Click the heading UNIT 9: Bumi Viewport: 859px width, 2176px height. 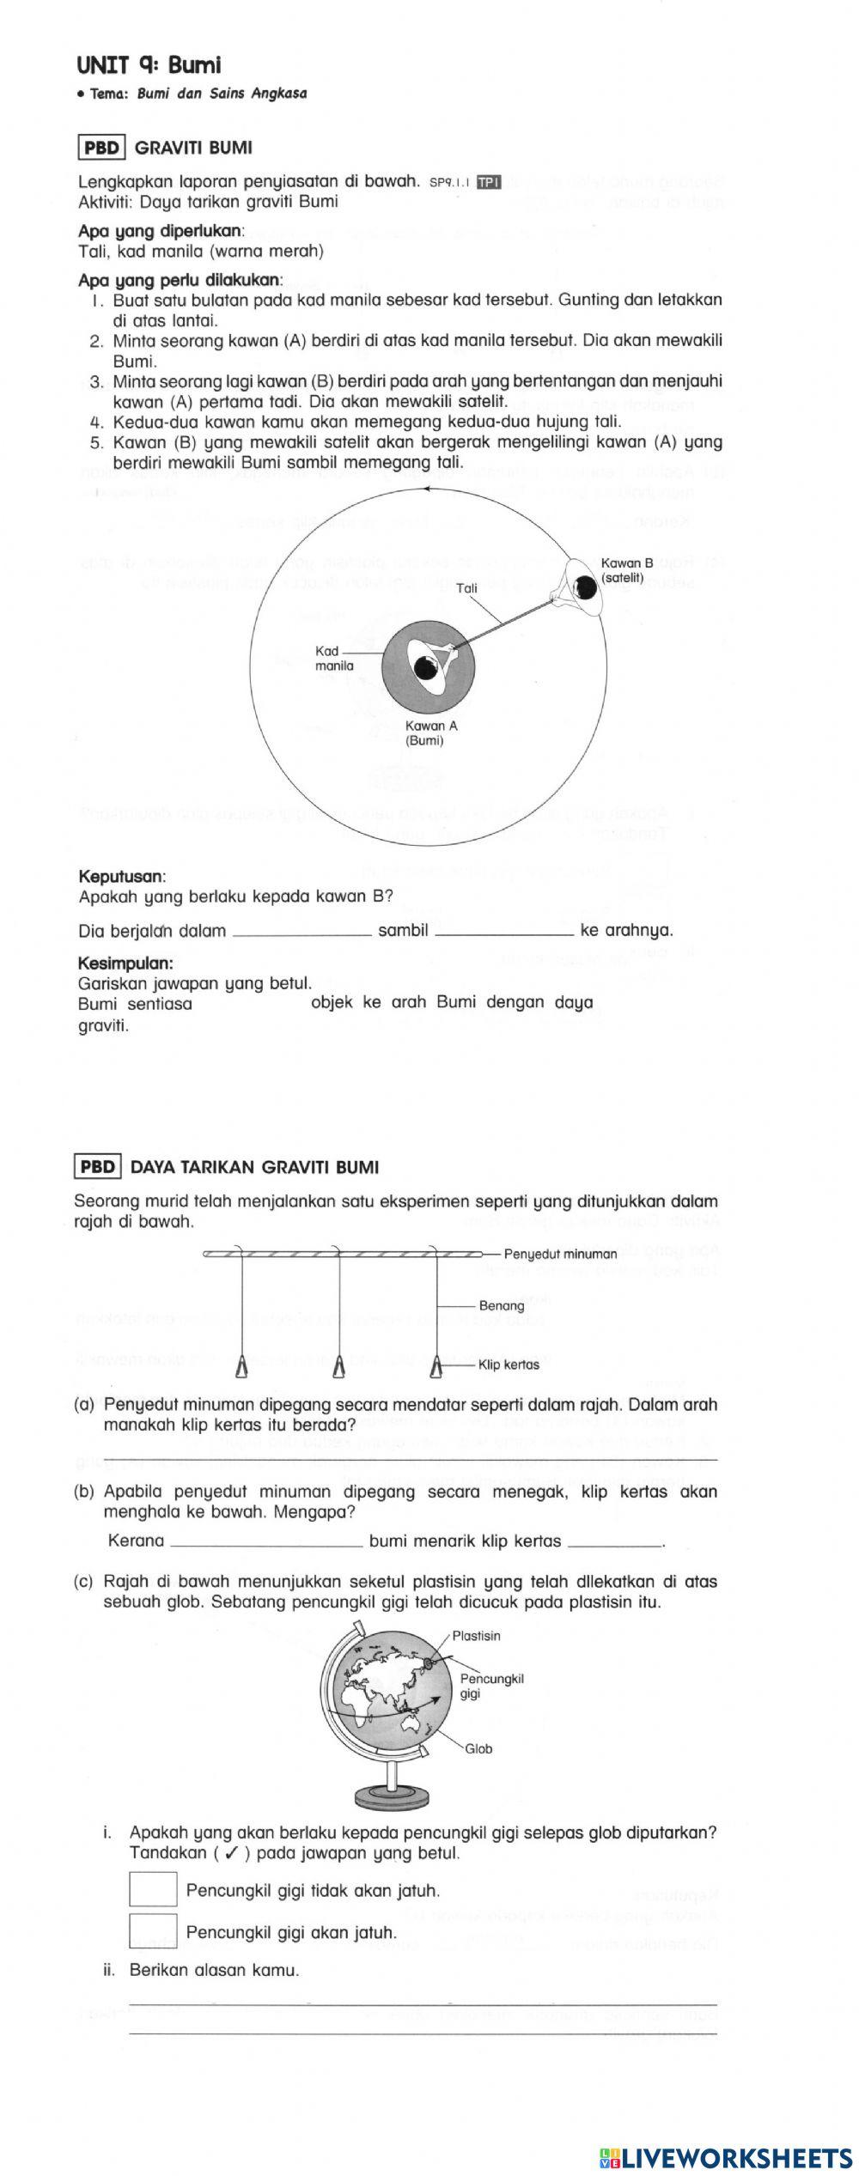[x=149, y=65]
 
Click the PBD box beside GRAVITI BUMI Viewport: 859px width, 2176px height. [x=102, y=148]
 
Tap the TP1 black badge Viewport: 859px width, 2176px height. [x=488, y=181]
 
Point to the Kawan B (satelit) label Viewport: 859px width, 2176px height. [x=626, y=570]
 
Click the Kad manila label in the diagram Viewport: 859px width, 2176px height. [x=333, y=658]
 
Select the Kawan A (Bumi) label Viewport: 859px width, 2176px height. [x=430, y=732]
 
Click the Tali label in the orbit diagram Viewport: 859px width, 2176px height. [x=467, y=588]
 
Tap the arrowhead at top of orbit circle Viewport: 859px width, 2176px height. [x=424, y=489]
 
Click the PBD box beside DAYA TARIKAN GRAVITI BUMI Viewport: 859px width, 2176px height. [x=99, y=1167]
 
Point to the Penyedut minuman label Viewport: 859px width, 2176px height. [x=560, y=1254]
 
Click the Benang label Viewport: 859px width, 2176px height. [x=502, y=1305]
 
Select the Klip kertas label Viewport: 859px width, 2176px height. [x=509, y=1365]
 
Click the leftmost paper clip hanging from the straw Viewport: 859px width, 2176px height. [x=241, y=1365]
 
